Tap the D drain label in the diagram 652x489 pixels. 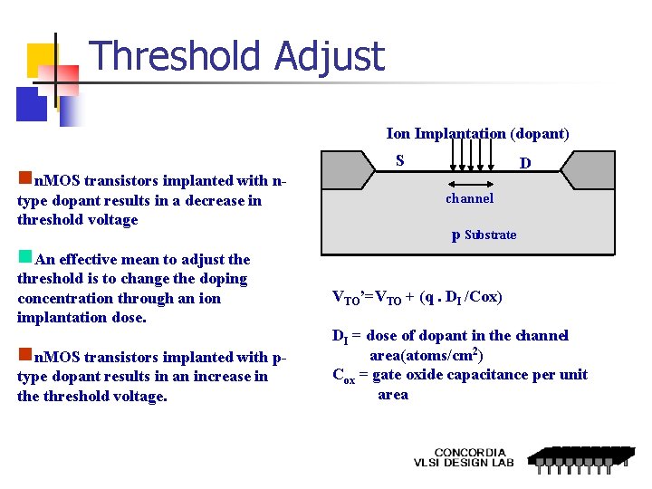523,164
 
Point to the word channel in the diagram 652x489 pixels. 469,198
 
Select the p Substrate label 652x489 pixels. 484,235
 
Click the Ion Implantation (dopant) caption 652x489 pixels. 478,134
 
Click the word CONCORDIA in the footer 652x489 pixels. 470,453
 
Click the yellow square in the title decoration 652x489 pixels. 42,61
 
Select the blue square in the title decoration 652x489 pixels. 32,104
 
